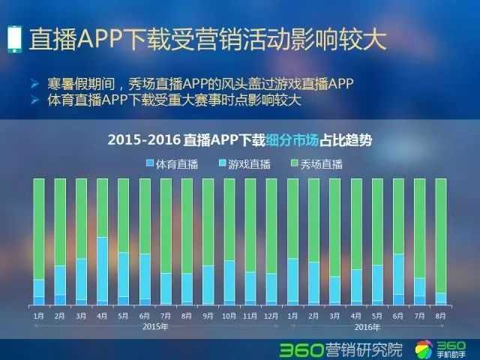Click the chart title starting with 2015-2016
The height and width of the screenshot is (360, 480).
[x=240, y=139]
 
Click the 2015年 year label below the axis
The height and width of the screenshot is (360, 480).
[x=155, y=328]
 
